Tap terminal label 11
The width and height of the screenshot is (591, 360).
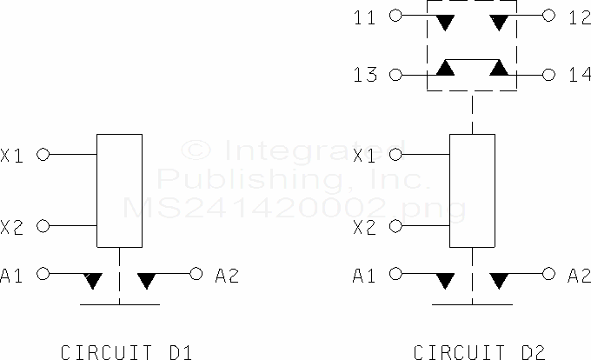click(x=366, y=16)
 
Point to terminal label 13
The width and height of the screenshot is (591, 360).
click(x=366, y=75)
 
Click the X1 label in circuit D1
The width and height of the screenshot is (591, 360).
click(x=13, y=155)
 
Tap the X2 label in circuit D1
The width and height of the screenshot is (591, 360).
click(x=13, y=228)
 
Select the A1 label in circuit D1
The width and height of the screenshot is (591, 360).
click(x=13, y=276)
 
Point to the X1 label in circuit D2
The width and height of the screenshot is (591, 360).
click(x=366, y=155)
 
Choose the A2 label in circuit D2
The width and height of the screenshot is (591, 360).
click(x=579, y=276)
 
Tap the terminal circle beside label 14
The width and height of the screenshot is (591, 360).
click(x=549, y=76)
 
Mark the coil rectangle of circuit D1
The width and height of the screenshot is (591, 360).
click(x=119, y=191)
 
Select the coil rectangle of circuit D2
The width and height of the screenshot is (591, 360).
click(x=472, y=191)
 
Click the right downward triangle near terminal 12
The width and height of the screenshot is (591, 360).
click(x=500, y=21)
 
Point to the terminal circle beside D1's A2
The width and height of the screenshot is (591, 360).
click(x=196, y=274)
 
